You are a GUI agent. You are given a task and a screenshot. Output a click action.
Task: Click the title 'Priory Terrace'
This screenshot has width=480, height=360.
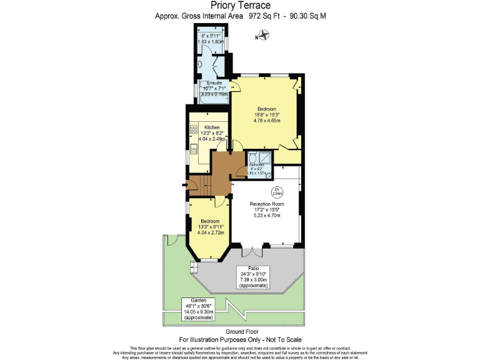(240, 6)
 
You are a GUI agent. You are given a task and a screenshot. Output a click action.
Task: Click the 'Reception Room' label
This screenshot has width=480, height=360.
(267, 204)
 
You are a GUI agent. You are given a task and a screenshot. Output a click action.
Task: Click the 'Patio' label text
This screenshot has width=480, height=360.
(253, 268)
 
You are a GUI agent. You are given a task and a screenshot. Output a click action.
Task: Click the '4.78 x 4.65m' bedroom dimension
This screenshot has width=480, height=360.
(267, 120)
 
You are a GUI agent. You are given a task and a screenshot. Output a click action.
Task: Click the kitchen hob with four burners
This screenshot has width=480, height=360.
(194, 131)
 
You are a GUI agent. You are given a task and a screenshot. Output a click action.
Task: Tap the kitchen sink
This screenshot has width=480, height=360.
(194, 150)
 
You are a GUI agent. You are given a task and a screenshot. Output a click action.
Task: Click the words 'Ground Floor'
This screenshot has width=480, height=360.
(240, 332)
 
